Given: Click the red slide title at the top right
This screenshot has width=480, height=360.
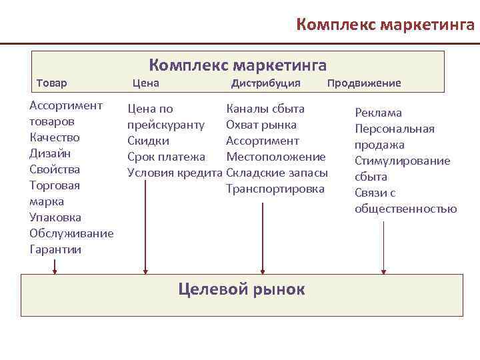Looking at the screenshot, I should pos(385,25).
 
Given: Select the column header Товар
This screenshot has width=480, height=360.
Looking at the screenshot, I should pos(51,83).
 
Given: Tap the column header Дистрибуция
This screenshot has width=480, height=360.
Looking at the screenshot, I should pos(265,83).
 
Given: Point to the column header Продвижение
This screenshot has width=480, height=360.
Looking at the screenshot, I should pos(364,83).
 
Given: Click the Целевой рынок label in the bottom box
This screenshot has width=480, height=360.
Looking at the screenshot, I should pos(241,289).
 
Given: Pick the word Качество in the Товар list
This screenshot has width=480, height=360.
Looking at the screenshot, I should pos(55,137).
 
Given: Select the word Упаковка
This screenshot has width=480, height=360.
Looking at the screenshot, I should pos(55,217).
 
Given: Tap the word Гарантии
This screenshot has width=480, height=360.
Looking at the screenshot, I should pos(55,249).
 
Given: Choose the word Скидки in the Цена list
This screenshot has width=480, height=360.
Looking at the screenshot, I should pos(148,141).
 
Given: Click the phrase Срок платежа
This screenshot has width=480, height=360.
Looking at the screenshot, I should pos(167,157).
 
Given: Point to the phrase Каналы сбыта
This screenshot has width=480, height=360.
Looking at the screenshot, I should pos(265,109).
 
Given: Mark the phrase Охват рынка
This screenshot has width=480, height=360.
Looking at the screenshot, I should pos(261,125).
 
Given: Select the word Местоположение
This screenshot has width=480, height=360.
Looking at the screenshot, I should pos(276,157).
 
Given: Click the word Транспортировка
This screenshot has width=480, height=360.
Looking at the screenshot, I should pos(275,189).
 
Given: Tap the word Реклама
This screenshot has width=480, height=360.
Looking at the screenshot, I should pos(378,113).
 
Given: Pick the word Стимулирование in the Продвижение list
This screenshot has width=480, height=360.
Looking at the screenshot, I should pos(402,161).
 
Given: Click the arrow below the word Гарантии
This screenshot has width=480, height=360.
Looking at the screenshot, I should pos(55,265).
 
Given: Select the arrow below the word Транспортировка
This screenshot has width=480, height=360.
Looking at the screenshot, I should pos(263,237).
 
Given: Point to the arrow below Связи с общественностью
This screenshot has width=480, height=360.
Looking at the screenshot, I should pos(383,247).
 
